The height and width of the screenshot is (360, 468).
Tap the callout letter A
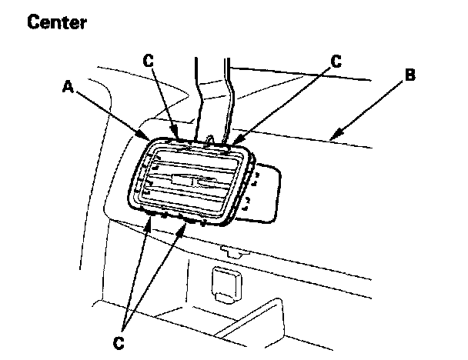tap(69, 87)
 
